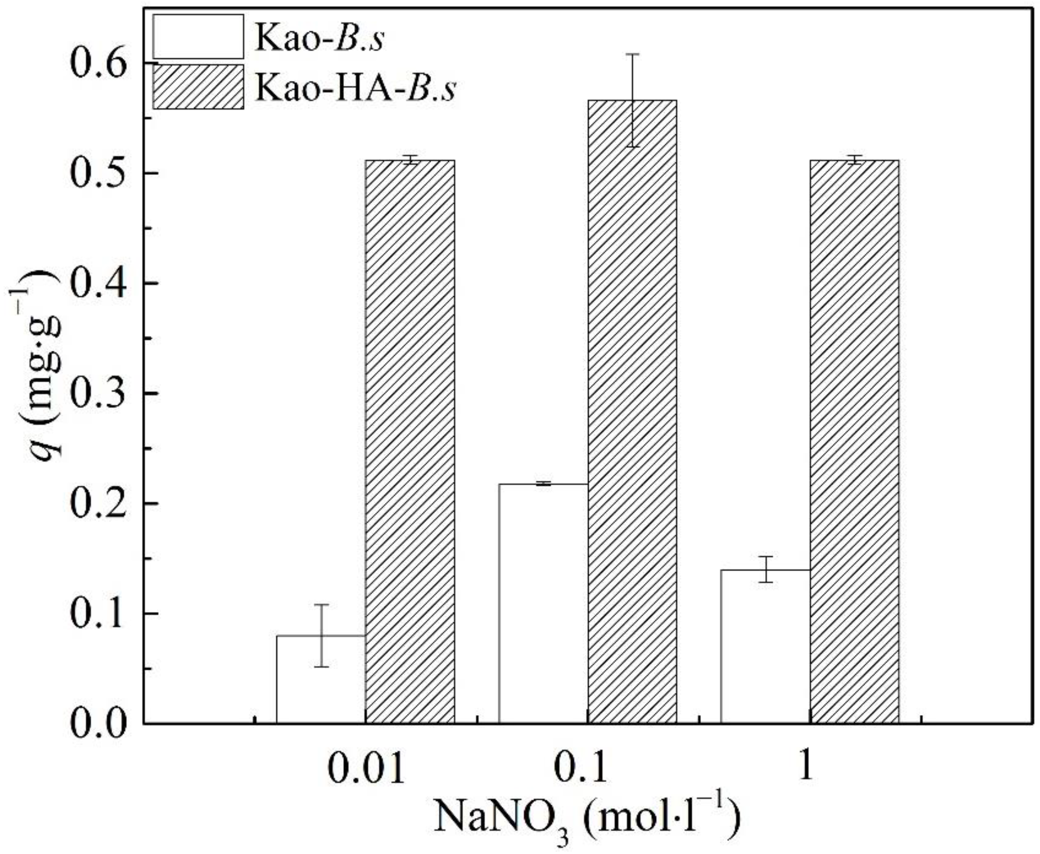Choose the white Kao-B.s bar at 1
point(765,646)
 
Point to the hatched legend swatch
point(198,87)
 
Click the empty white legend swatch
point(198,36)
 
